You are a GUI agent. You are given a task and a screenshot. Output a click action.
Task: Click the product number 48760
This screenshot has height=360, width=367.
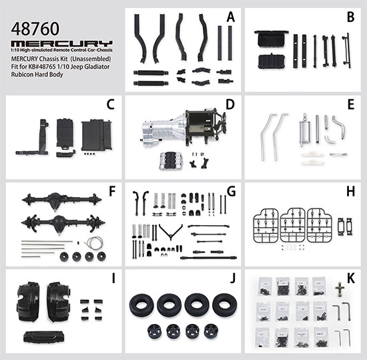(35, 29)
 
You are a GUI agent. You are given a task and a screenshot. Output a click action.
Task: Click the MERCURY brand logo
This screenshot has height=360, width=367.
(62, 43)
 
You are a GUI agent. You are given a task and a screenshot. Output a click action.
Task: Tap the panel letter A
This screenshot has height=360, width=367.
(231, 17)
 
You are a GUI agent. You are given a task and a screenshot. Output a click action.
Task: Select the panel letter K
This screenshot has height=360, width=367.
(350, 279)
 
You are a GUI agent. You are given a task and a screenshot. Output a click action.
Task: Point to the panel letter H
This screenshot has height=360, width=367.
(350, 192)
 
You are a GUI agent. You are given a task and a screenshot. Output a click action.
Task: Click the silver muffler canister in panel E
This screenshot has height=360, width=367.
(304, 131)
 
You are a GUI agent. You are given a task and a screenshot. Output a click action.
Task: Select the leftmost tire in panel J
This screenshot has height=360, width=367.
(141, 305)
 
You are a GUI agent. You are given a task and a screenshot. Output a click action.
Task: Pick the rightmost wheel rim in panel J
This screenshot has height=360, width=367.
(211, 331)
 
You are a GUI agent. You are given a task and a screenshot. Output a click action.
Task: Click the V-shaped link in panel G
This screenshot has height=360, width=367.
(171, 232)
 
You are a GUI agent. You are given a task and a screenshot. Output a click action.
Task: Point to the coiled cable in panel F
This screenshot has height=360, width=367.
(94, 243)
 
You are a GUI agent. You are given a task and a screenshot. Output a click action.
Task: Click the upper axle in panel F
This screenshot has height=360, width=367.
(61, 200)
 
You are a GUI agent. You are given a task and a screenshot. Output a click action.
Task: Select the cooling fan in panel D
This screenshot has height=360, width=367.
(222, 124)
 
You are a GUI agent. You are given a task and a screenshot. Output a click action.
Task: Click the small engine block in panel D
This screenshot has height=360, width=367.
(171, 161)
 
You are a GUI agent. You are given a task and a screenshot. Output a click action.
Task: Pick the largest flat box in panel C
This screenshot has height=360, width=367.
(96, 135)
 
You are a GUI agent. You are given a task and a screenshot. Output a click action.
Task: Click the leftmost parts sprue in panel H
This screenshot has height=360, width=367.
(266, 226)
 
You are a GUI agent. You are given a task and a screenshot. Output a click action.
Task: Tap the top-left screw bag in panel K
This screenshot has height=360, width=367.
(265, 287)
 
